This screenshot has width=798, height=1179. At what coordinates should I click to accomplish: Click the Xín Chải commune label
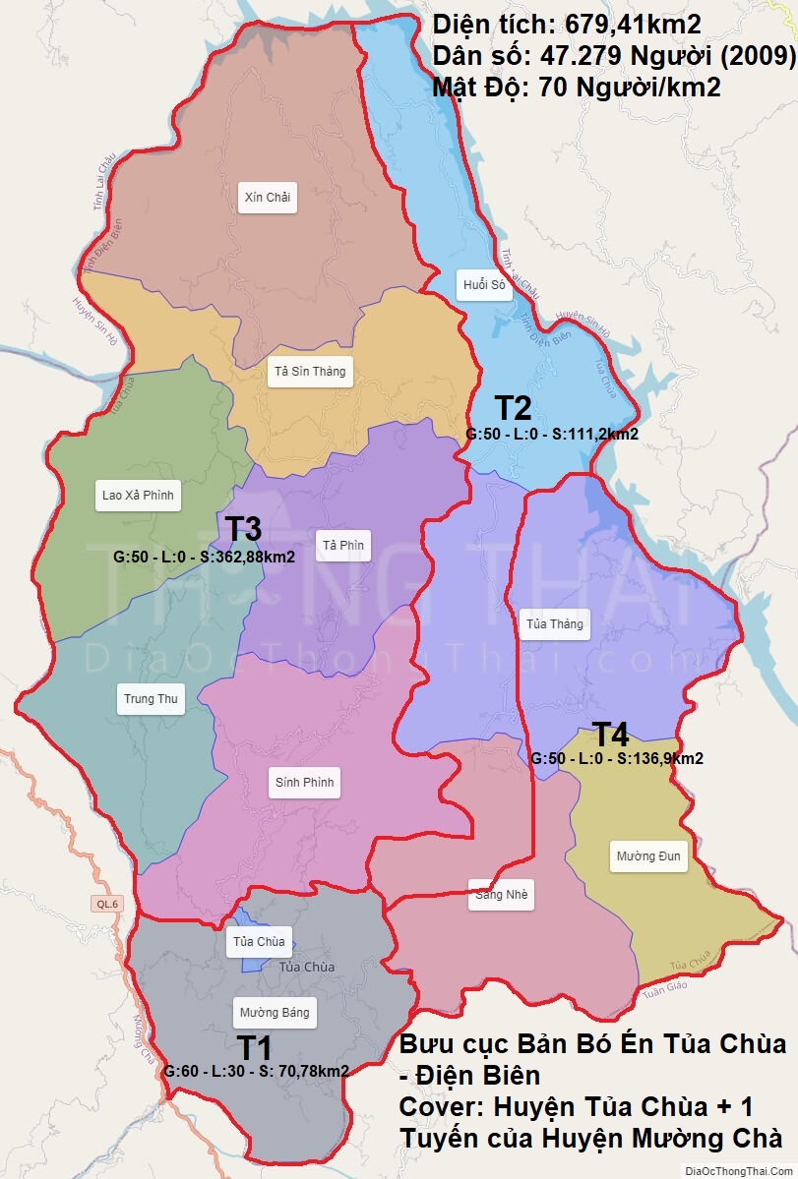click(267, 197)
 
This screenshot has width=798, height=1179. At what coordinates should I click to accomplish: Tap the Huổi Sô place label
click(483, 285)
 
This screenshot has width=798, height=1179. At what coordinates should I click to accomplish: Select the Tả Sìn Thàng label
click(309, 372)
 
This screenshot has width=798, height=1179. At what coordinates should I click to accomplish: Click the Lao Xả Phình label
click(138, 495)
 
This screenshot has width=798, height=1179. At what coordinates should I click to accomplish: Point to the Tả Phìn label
click(342, 545)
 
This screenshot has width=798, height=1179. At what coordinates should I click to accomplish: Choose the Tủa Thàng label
click(554, 623)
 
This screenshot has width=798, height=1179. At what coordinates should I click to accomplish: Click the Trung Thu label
click(151, 699)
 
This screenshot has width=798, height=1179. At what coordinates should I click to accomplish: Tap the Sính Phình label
click(304, 783)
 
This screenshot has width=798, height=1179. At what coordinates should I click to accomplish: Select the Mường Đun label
click(648, 855)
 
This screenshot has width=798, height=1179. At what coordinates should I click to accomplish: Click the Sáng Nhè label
click(501, 894)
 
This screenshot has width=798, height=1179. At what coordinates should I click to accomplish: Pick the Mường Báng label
click(275, 1012)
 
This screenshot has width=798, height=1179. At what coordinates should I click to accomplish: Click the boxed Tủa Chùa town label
click(259, 941)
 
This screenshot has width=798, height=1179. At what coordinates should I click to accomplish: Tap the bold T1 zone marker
click(254, 1048)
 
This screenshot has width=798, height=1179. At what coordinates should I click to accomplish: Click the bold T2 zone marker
click(513, 408)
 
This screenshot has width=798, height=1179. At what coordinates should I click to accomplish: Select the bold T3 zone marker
click(243, 529)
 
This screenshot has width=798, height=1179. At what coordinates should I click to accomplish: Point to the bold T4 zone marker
click(609, 735)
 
